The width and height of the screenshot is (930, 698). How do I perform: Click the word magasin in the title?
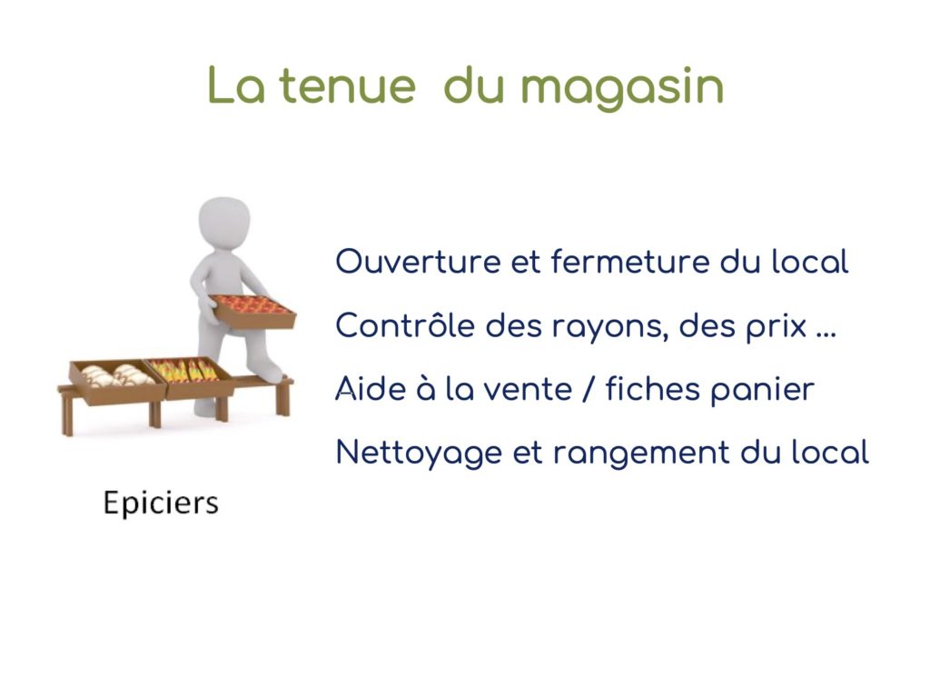622,88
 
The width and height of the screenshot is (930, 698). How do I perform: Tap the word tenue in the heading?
347,85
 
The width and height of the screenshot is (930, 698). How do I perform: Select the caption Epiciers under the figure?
161,504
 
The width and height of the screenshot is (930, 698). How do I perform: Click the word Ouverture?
418,262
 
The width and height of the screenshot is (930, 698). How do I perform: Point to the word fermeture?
630,261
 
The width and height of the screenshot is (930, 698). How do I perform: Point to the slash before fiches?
588,389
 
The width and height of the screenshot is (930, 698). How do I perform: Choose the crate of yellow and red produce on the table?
189,376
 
